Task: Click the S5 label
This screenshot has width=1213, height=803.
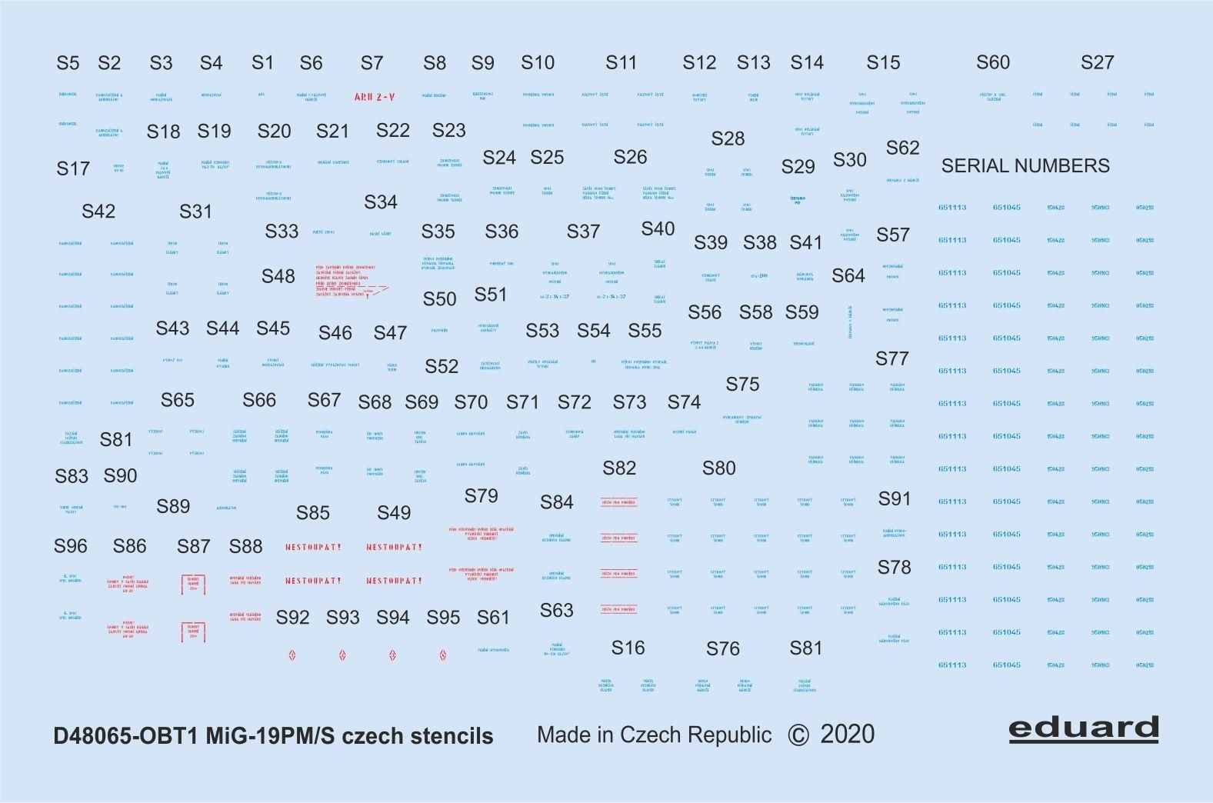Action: coord(68,63)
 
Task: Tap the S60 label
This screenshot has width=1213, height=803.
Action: coord(992,63)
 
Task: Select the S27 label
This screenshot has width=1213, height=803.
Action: coord(1097,63)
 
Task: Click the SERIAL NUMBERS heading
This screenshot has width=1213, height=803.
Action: coord(1025,166)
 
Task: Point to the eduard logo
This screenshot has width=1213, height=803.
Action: coord(1083,728)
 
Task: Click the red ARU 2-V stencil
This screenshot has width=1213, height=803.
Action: coord(375,97)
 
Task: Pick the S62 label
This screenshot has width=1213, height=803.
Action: coord(902,148)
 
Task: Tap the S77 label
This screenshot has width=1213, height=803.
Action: coord(891,358)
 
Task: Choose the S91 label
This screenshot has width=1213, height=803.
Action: coord(894,499)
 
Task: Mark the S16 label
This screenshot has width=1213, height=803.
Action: coord(628,648)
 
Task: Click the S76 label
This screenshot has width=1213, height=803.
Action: coord(722,649)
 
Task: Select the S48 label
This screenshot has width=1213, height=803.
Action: coord(278,277)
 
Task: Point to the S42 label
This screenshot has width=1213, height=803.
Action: coord(98,212)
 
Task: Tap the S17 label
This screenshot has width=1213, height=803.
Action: coord(73,168)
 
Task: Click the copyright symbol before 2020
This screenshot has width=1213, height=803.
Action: coord(798,735)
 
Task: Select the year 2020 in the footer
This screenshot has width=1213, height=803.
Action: coord(847,735)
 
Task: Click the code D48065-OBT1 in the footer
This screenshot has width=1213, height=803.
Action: coord(126,736)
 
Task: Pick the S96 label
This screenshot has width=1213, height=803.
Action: coord(70,547)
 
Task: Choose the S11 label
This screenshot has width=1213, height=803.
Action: coord(621,63)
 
